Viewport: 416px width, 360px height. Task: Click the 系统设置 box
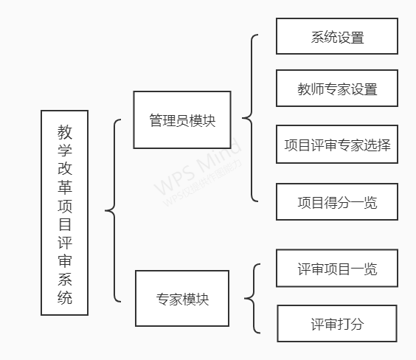point(337,36)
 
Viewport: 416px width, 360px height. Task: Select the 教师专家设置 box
point(337,88)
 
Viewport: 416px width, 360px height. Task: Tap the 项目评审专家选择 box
point(337,144)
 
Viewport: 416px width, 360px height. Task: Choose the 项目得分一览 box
point(337,201)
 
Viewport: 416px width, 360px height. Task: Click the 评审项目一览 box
point(337,268)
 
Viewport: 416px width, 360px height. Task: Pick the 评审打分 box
point(337,323)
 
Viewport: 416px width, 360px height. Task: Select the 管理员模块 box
point(182,120)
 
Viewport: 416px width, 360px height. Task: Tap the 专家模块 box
point(182,298)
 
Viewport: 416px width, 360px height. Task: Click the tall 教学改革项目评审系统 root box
point(64,212)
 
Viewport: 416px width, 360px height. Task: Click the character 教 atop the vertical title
point(65,132)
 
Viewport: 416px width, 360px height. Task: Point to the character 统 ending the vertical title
point(65,297)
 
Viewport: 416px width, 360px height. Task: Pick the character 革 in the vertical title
point(65,187)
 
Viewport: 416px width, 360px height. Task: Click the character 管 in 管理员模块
point(156,120)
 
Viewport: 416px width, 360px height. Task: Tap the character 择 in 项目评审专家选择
point(384,145)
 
